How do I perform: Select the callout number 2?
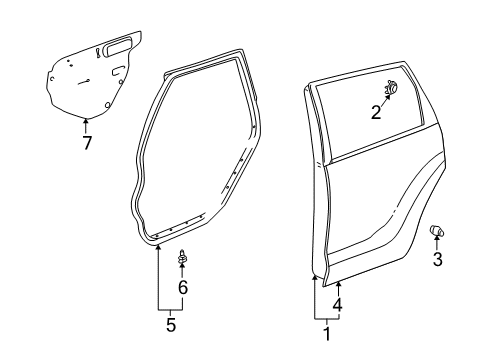click(x=376, y=112)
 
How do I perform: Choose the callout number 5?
click(x=170, y=326)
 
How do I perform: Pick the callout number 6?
click(x=182, y=287)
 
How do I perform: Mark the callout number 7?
click(x=87, y=143)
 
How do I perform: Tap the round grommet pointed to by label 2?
click(x=391, y=88)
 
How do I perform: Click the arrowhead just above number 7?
click(x=86, y=122)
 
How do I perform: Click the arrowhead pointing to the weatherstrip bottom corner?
click(x=158, y=245)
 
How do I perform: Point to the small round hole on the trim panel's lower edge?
click(x=108, y=103)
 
